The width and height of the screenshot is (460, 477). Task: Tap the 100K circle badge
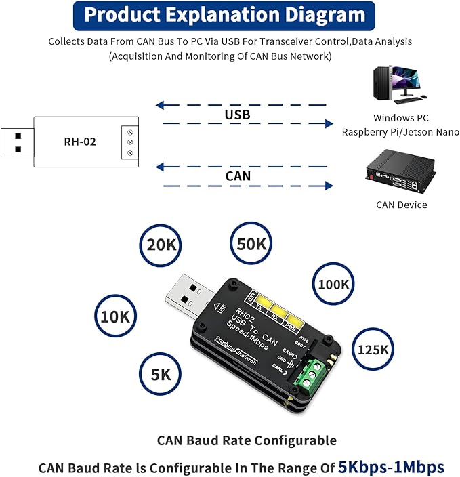[x=333, y=285]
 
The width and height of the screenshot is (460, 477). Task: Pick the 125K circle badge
[x=372, y=350]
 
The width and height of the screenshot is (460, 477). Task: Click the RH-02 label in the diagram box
[x=80, y=142]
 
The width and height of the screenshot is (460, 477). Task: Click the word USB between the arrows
[x=237, y=115]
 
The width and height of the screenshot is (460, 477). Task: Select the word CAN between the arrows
[x=237, y=176]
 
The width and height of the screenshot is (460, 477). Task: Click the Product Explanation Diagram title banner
[x=224, y=16]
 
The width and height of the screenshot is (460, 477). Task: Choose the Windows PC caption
[x=400, y=118]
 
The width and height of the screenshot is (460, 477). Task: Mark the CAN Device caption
[x=401, y=205]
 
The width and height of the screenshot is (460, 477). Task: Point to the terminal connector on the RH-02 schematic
[x=129, y=142]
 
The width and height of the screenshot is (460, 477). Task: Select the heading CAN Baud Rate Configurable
[x=247, y=440]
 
